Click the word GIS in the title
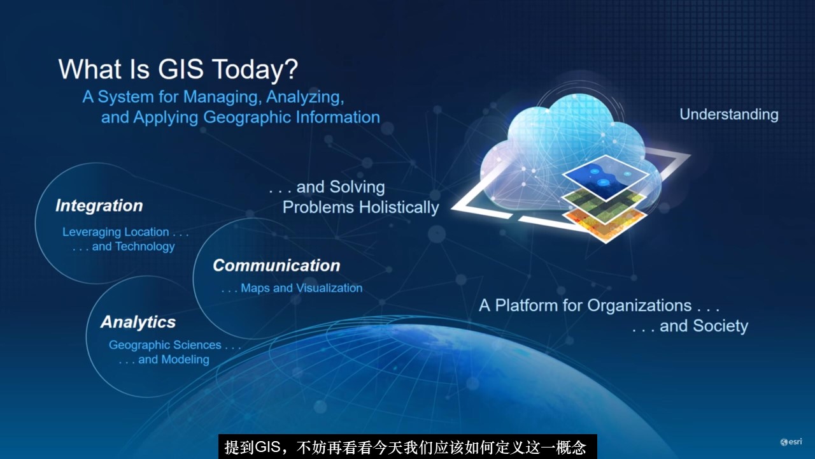click(181, 69)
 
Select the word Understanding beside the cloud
click(729, 115)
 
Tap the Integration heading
click(99, 206)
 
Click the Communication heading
click(276, 265)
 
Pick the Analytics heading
click(138, 322)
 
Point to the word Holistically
click(399, 208)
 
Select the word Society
click(720, 326)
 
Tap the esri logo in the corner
click(791, 442)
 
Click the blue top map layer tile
click(606, 177)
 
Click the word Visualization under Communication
click(330, 288)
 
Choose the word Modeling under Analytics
click(185, 360)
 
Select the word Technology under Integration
click(145, 247)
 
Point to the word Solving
click(357, 187)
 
